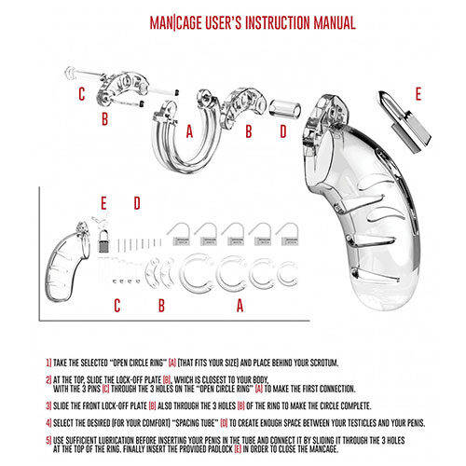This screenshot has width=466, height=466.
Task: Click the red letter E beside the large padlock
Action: [418, 93]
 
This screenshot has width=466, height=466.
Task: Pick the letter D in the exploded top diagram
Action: [283, 132]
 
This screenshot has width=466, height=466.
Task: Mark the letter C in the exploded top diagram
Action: [81, 93]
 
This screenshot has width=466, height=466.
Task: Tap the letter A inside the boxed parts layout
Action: [240, 305]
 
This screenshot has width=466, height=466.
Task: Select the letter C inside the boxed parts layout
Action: [116, 305]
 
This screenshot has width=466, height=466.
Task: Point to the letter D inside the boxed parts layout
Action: [135, 202]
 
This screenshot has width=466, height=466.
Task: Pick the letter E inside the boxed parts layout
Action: [104, 202]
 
